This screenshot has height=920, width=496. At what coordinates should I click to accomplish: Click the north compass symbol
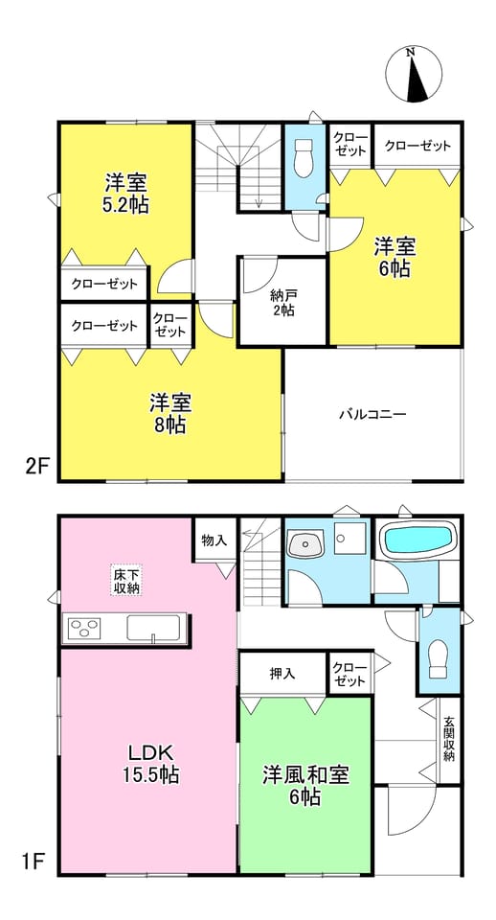coord(414,75)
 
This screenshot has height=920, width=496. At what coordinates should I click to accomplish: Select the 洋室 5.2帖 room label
coord(126,194)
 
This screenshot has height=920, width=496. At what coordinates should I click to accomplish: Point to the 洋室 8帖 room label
coord(170,414)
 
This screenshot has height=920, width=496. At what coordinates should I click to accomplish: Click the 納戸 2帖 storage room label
coord(282,302)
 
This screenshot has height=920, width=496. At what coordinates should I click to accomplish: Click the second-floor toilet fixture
coord(304,158)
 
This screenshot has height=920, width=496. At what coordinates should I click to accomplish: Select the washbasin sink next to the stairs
coord(305,544)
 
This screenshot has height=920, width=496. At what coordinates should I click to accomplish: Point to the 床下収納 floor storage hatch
coord(126,581)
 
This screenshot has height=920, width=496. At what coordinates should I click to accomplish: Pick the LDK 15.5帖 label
coord(150,763)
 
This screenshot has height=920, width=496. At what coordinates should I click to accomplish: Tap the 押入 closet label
coord(282,674)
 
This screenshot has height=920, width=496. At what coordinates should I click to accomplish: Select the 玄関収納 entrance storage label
coord(449,739)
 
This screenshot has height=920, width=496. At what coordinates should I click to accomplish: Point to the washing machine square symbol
coord(350,534)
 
